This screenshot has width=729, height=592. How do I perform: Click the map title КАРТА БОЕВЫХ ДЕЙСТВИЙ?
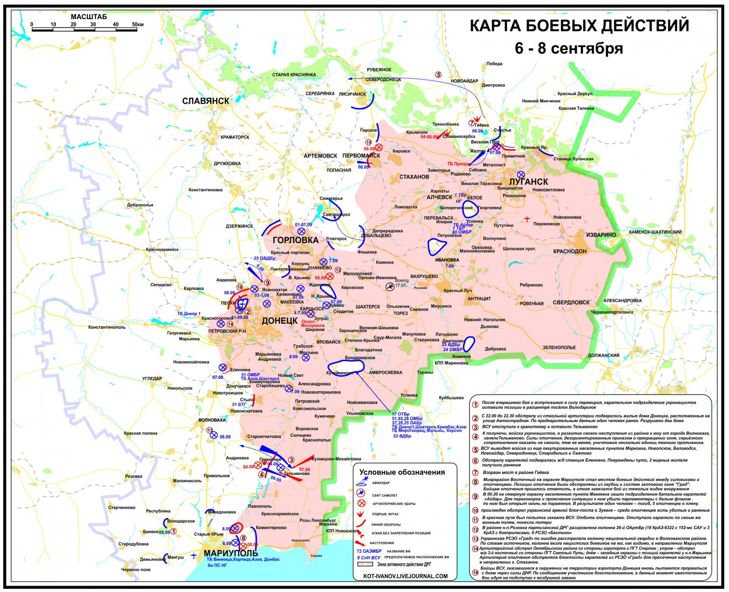click(579, 26)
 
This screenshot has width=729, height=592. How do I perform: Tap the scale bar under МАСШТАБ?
click(84, 30)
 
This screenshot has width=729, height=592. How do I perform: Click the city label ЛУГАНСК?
click(529, 181)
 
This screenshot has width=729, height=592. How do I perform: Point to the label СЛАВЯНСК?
click(205, 101)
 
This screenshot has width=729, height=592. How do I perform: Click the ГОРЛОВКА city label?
click(295, 240)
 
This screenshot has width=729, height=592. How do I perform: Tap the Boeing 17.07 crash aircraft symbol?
click(390, 286)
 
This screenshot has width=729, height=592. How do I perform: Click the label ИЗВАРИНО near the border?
click(601, 235)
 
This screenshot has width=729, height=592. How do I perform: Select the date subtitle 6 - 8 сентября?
click(569, 48)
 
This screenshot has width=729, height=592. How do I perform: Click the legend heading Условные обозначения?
click(402, 472)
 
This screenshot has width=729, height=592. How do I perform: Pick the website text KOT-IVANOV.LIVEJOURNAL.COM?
click(405, 576)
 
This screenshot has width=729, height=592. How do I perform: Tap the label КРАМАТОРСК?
click(235, 137)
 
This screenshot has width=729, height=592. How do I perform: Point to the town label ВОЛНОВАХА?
click(212, 420)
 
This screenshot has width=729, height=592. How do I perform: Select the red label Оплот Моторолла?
click(313, 323)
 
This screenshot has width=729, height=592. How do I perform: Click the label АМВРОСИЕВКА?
click(385, 373)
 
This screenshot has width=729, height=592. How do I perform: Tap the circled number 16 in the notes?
click(476, 572)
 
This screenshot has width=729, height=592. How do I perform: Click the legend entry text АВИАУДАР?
click(380, 483)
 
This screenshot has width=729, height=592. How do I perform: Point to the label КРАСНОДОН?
click(570, 251)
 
